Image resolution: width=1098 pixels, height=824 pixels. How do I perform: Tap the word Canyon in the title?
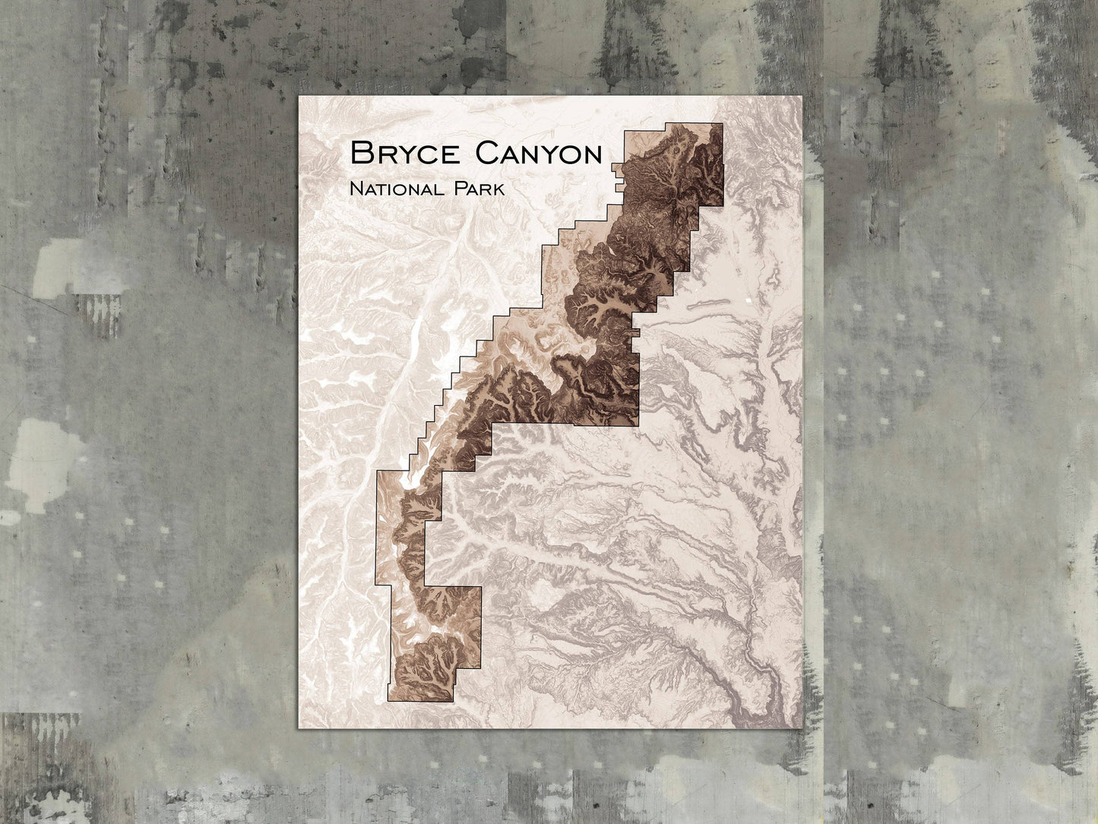point(538,154)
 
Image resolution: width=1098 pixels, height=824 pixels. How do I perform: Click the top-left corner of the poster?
point(299,97)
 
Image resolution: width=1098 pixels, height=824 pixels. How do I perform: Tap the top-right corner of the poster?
point(802,97)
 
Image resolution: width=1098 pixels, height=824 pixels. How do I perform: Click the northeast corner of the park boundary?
point(722,124)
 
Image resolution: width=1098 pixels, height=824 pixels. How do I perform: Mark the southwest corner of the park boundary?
point(388,701)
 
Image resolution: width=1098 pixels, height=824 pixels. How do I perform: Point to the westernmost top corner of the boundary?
point(377,471)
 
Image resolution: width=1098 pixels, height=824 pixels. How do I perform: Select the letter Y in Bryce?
point(403,154)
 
